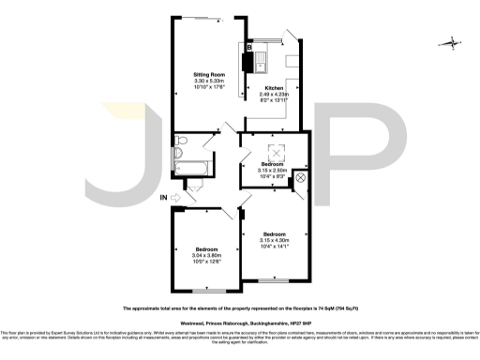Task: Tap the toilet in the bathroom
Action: click(182, 142)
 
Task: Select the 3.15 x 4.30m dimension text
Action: click(275, 239)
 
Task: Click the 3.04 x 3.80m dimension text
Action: click(202, 255)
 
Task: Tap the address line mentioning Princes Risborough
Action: click(239, 320)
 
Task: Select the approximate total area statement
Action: click(239, 307)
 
